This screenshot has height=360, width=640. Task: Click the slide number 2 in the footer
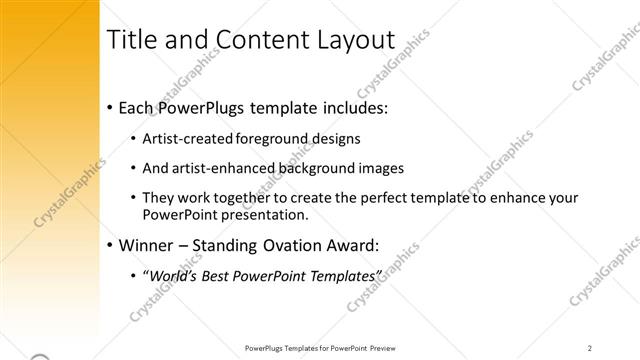point(590,348)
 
